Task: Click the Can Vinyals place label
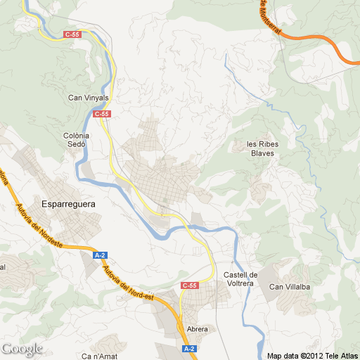88,98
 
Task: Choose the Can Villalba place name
290,287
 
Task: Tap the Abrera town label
198,328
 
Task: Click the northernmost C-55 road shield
72,34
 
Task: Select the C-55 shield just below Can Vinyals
102,114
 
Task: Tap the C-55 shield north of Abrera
190,285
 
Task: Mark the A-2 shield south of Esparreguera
100,256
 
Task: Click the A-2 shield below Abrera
188,349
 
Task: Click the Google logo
22,349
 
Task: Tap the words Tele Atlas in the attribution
340,355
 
